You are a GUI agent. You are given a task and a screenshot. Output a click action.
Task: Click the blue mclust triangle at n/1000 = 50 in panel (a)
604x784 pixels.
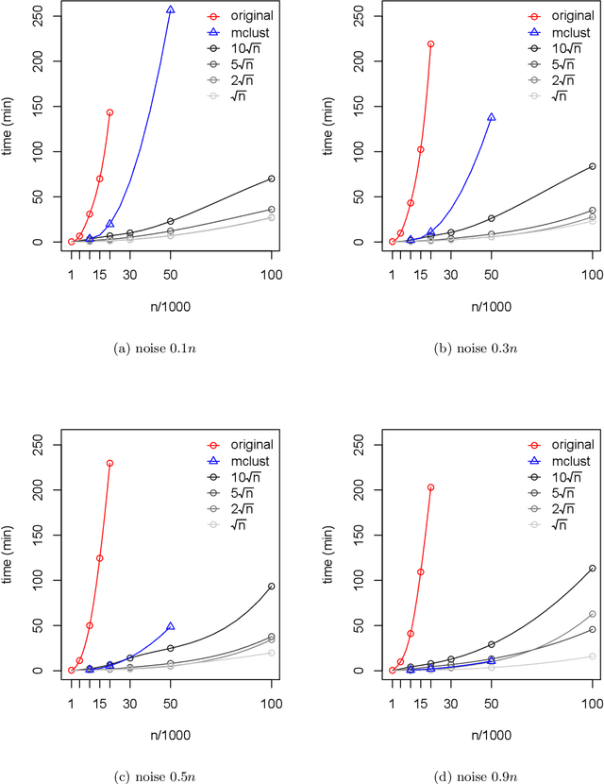171,9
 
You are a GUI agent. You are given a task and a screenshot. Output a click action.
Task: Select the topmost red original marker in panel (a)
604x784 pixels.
110,112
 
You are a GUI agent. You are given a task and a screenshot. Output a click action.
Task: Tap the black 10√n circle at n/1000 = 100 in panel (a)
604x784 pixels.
272,179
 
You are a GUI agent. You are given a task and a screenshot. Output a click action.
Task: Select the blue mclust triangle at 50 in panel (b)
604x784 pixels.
492,117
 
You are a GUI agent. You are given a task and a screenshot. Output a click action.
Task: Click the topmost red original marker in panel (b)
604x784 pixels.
431,43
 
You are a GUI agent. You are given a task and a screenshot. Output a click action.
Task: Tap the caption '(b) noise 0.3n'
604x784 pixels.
481,348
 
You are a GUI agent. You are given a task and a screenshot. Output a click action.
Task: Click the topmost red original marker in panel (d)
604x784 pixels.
431,487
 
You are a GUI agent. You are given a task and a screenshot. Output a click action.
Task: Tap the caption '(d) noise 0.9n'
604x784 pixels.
481,775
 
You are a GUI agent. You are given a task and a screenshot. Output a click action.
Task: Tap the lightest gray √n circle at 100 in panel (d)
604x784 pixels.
593,656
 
